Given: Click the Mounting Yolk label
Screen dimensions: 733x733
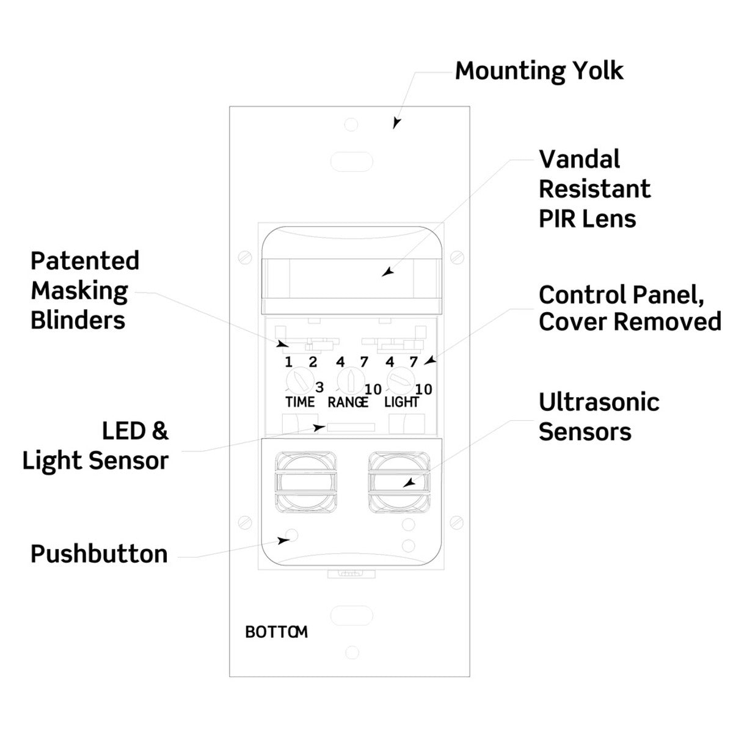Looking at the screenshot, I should pos(539,71).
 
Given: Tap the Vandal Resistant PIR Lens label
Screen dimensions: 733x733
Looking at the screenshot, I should pos(594,189).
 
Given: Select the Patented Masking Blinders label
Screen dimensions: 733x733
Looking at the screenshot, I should pos(85,290).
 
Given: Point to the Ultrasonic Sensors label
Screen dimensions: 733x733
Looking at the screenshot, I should pos(599,417).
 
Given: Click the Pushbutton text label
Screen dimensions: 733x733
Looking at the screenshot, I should pos(99,554).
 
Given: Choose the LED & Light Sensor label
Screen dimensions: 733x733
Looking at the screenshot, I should pos(96,445).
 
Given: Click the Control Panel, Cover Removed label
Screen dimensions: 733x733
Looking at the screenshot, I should pos(629,308).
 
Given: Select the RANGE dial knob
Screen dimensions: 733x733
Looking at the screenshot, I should pos(349,382).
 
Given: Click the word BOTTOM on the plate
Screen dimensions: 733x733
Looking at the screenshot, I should pos(276,632).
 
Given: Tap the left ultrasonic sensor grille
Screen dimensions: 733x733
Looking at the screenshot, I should pos(305,481).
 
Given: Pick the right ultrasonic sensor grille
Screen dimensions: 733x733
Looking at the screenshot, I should pos(399,481).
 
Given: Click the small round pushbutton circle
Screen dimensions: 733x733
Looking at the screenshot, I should pos(293,536).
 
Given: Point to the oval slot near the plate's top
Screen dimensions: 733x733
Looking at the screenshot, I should pos(351,162).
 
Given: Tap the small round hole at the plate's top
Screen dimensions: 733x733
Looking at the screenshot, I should pos(351,125).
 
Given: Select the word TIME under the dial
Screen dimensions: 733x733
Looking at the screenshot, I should pos(300,402).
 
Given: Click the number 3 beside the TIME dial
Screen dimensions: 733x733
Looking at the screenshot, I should pos(319,387).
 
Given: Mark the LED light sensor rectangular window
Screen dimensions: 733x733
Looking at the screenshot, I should pos(350,427).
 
